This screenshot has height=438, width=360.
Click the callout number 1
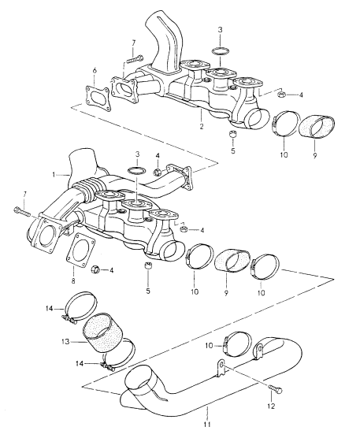click(x=54, y=175)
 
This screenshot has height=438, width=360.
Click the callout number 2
click(x=202, y=127)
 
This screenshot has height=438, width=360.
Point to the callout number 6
click(x=95, y=71)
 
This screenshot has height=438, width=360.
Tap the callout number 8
click(x=73, y=281)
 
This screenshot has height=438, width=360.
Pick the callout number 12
click(x=271, y=406)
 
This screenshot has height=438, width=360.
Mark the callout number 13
click(x=65, y=341)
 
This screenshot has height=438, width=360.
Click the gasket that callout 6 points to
click(x=97, y=99)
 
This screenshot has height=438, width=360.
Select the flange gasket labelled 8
click(x=80, y=251)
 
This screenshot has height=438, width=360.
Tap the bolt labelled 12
click(x=276, y=389)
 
